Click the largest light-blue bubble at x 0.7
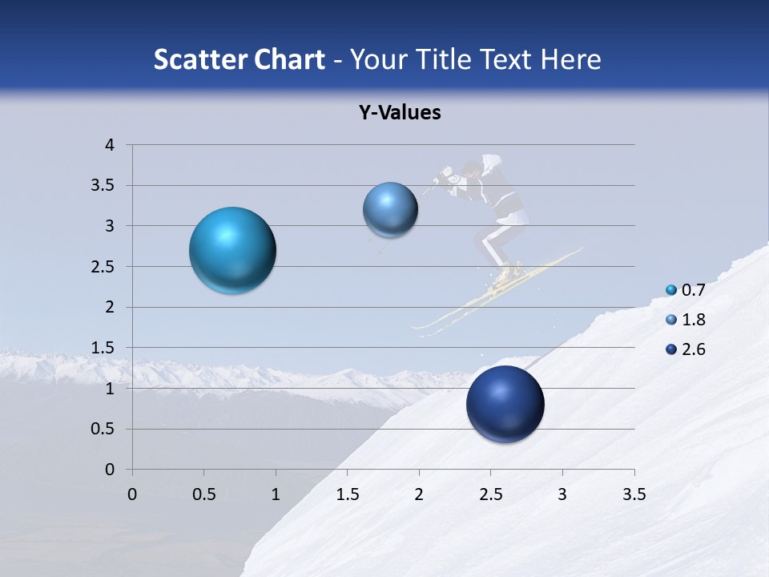pos(232,250)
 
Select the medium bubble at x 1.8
pos(390,210)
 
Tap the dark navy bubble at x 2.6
pos(505,404)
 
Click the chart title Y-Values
pos(399,113)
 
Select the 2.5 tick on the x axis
pos(490,494)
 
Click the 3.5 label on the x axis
pos(634,494)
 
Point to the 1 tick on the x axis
pos(276,494)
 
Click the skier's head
pos(472,170)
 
